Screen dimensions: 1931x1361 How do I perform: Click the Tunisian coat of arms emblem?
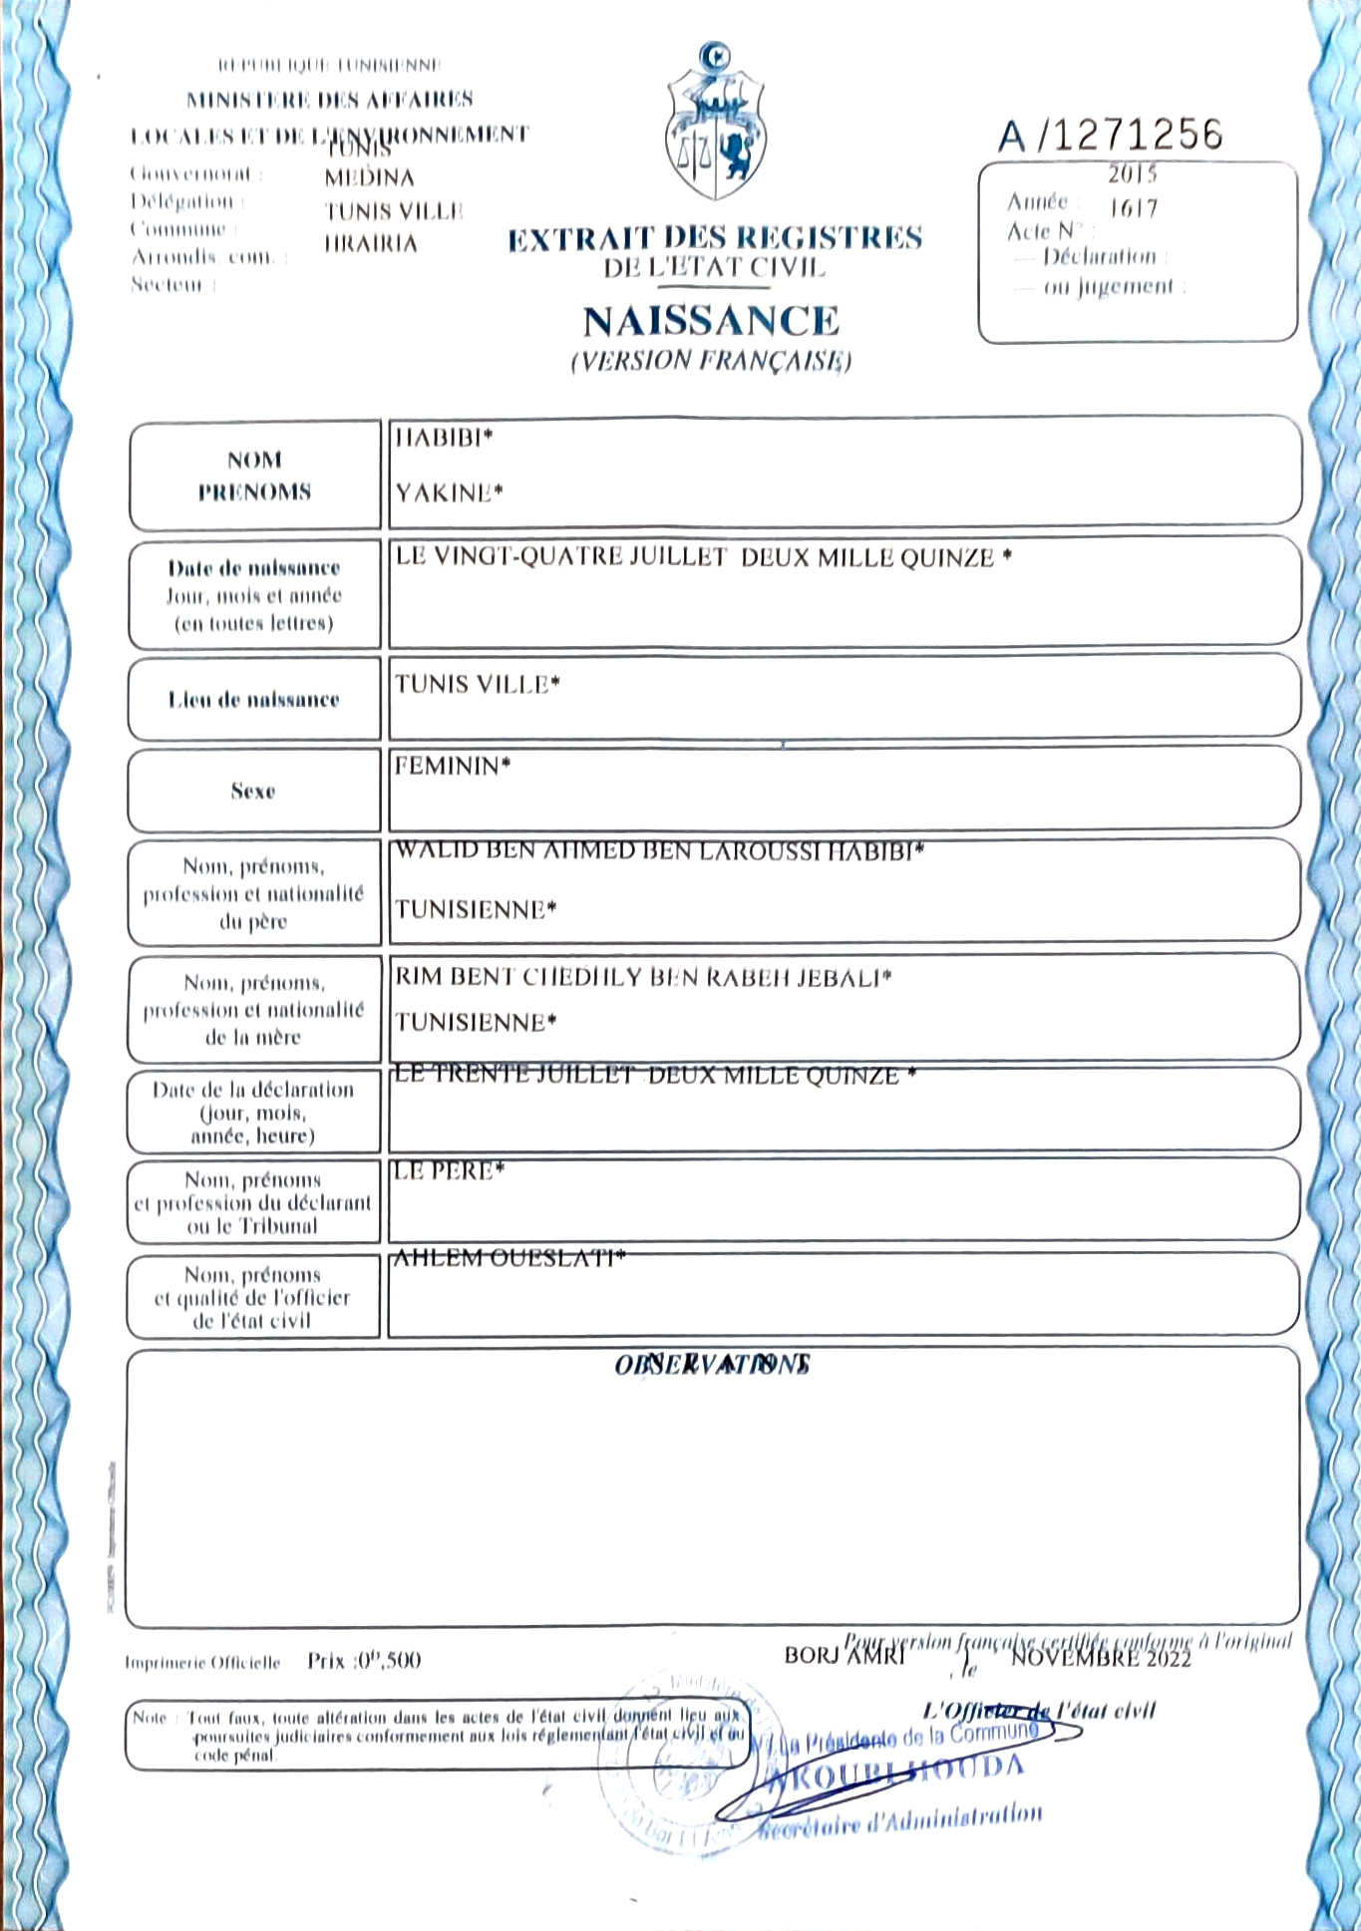pos(715,125)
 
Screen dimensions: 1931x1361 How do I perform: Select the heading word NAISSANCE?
pos(711,321)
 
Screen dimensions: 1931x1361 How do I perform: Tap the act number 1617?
pos(1134,208)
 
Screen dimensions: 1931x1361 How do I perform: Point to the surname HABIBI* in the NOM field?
pos(444,438)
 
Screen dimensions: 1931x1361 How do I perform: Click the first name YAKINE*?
pos(449,492)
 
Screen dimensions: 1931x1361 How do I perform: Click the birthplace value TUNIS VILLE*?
pos(477,684)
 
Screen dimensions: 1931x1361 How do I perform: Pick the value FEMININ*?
pos(452,766)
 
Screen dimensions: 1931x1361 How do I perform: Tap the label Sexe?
pos(253,792)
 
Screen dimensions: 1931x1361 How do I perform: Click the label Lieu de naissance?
pos(253,700)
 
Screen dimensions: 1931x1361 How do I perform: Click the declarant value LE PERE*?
pos(449,1171)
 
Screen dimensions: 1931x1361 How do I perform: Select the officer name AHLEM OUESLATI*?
pos(510,1258)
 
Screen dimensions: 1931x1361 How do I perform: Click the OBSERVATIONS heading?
pos(712,1364)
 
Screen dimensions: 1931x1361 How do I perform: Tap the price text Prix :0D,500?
pos(364,1661)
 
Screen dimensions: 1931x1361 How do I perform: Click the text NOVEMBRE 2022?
pos(1101,1658)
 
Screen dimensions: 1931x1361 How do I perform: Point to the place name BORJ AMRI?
pos(844,1656)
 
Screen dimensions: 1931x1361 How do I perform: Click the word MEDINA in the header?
pos(369,177)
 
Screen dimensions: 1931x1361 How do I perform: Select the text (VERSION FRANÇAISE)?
pos(711,360)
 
